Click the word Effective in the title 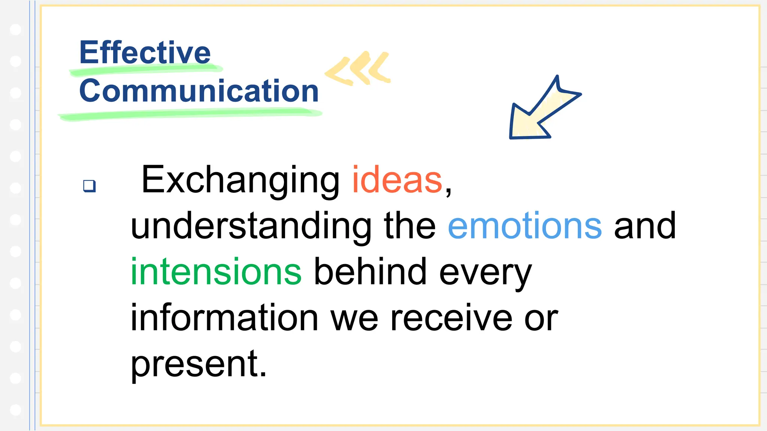coord(145,52)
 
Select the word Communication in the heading coord(199,91)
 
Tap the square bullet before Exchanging coord(90,186)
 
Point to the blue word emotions coord(525,226)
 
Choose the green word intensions coord(216,272)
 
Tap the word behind coord(370,272)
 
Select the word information coord(224,318)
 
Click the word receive coord(451,318)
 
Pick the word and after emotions coord(645,226)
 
